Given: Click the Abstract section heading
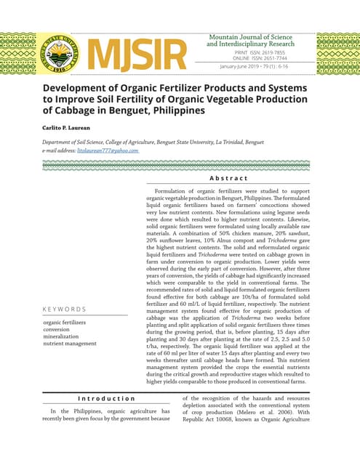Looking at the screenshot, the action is (x=228, y=178).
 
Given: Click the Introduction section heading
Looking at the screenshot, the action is (x=106, y=398).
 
